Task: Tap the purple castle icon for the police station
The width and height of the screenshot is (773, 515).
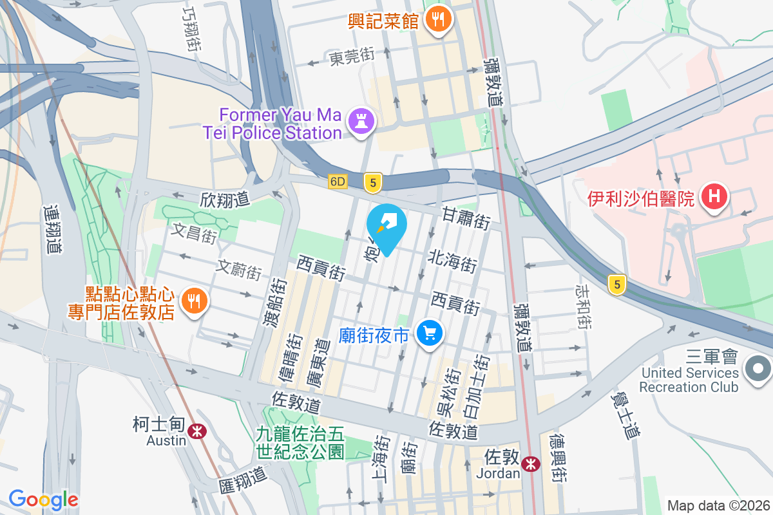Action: pos(361,121)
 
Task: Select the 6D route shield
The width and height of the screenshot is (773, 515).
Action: pos(338,182)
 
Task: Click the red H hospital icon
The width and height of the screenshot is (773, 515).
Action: pos(714,196)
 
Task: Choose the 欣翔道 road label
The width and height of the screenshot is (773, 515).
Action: pos(225,200)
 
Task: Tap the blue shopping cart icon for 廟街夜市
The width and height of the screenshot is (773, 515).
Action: pos(430,333)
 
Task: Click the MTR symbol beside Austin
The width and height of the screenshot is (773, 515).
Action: pos(197,429)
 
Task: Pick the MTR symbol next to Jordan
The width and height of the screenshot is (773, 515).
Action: pos(531,464)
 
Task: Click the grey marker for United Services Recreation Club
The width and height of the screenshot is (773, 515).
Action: pos(757,369)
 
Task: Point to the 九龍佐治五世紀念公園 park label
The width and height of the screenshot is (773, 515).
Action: pos(301,443)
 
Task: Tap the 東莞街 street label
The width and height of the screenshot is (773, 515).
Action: pos(352,57)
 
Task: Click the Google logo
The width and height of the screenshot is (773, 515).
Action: pos(43,500)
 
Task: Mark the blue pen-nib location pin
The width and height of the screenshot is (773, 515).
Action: pos(386,226)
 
